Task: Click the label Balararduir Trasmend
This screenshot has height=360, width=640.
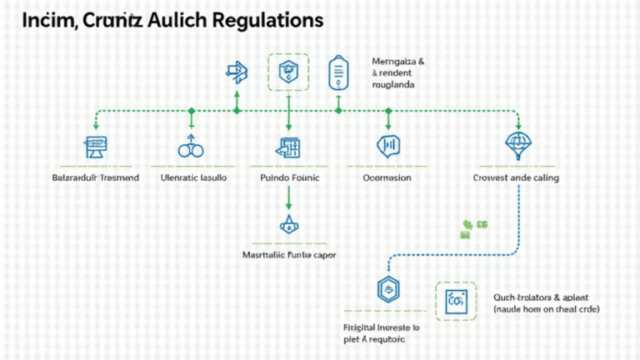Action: pyautogui.click(x=96, y=178)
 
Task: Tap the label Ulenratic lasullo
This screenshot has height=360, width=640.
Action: pyautogui.click(x=192, y=178)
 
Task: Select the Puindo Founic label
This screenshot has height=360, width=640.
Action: pyautogui.click(x=289, y=178)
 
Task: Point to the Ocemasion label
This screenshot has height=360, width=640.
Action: pyautogui.click(x=387, y=178)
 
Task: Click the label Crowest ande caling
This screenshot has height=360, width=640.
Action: pyautogui.click(x=516, y=178)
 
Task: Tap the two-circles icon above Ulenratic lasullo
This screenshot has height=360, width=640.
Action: pyautogui.click(x=192, y=148)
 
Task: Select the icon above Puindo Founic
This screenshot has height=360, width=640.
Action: pyautogui.click(x=287, y=147)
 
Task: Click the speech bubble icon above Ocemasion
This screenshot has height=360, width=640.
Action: pyautogui.click(x=387, y=146)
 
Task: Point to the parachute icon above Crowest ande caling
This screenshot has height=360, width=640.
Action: pyautogui.click(x=517, y=145)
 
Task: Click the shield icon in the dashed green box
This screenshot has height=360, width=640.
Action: pyautogui.click(x=287, y=72)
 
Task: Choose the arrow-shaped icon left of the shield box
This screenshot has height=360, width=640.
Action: pyautogui.click(x=237, y=72)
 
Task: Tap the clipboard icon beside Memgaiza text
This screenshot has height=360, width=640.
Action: pyautogui.click(x=337, y=72)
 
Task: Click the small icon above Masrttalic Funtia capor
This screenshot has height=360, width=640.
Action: pyautogui.click(x=288, y=225)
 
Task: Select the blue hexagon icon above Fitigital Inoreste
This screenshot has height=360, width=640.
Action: pyautogui.click(x=386, y=290)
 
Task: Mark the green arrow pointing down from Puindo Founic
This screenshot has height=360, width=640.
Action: pyautogui.click(x=288, y=197)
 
